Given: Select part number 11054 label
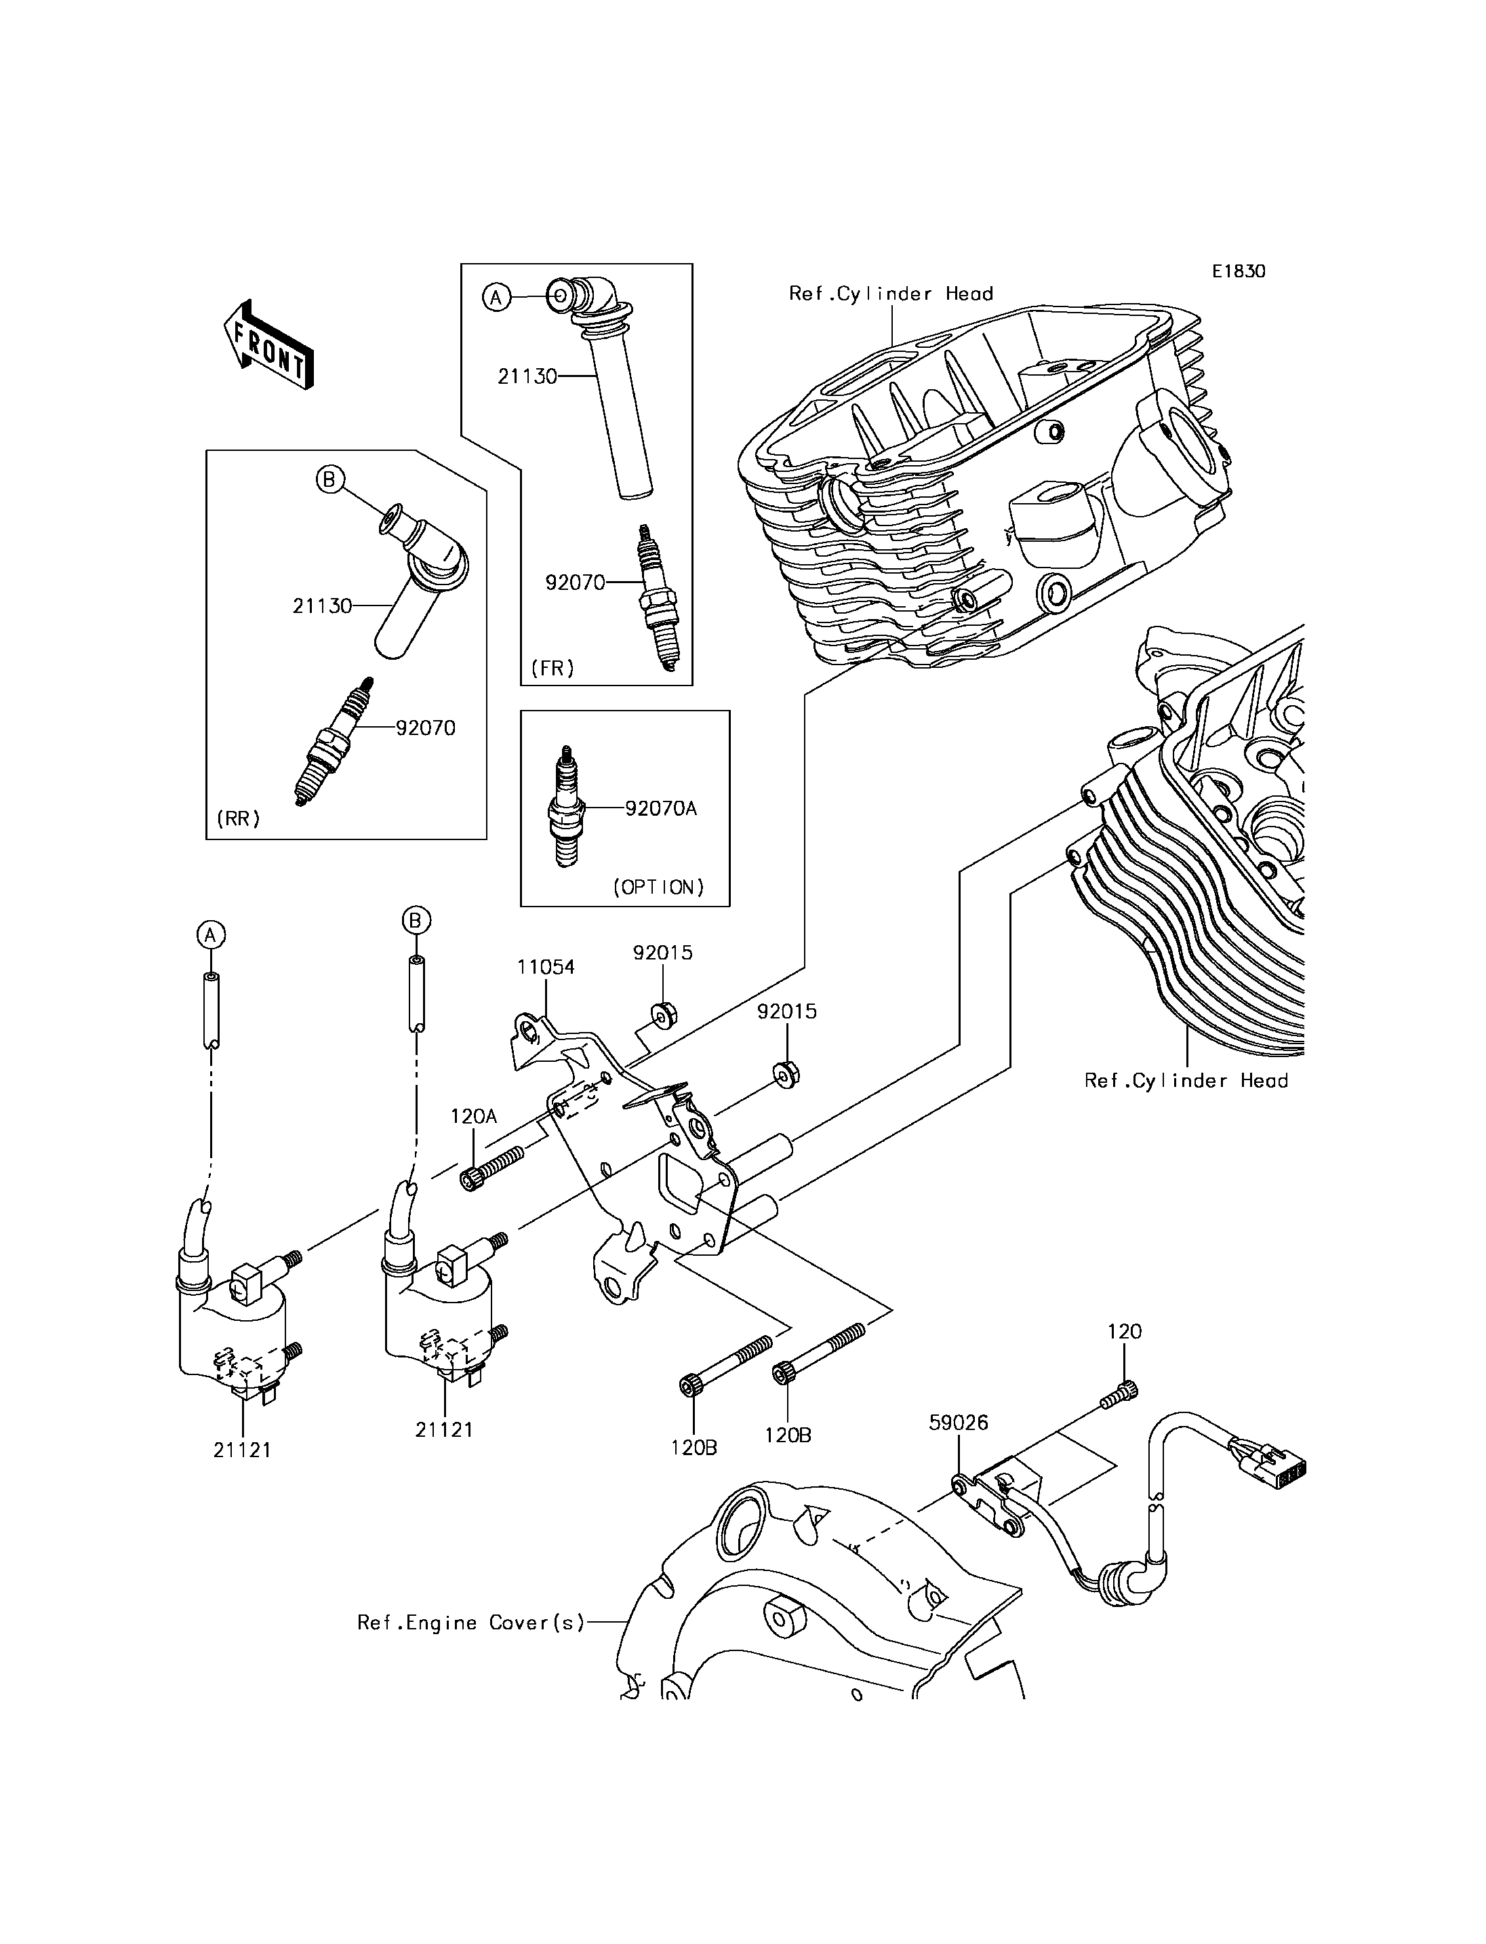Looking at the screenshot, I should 546,967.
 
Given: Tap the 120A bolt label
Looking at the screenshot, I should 473,1116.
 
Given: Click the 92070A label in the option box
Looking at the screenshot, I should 661,808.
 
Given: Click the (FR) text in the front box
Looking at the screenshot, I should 552,668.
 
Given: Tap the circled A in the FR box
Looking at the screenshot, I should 496,297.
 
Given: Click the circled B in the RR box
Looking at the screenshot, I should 329,479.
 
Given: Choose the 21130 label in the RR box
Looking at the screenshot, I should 322,606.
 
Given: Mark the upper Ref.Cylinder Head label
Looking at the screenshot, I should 891,294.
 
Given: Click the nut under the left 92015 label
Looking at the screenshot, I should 662,1014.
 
